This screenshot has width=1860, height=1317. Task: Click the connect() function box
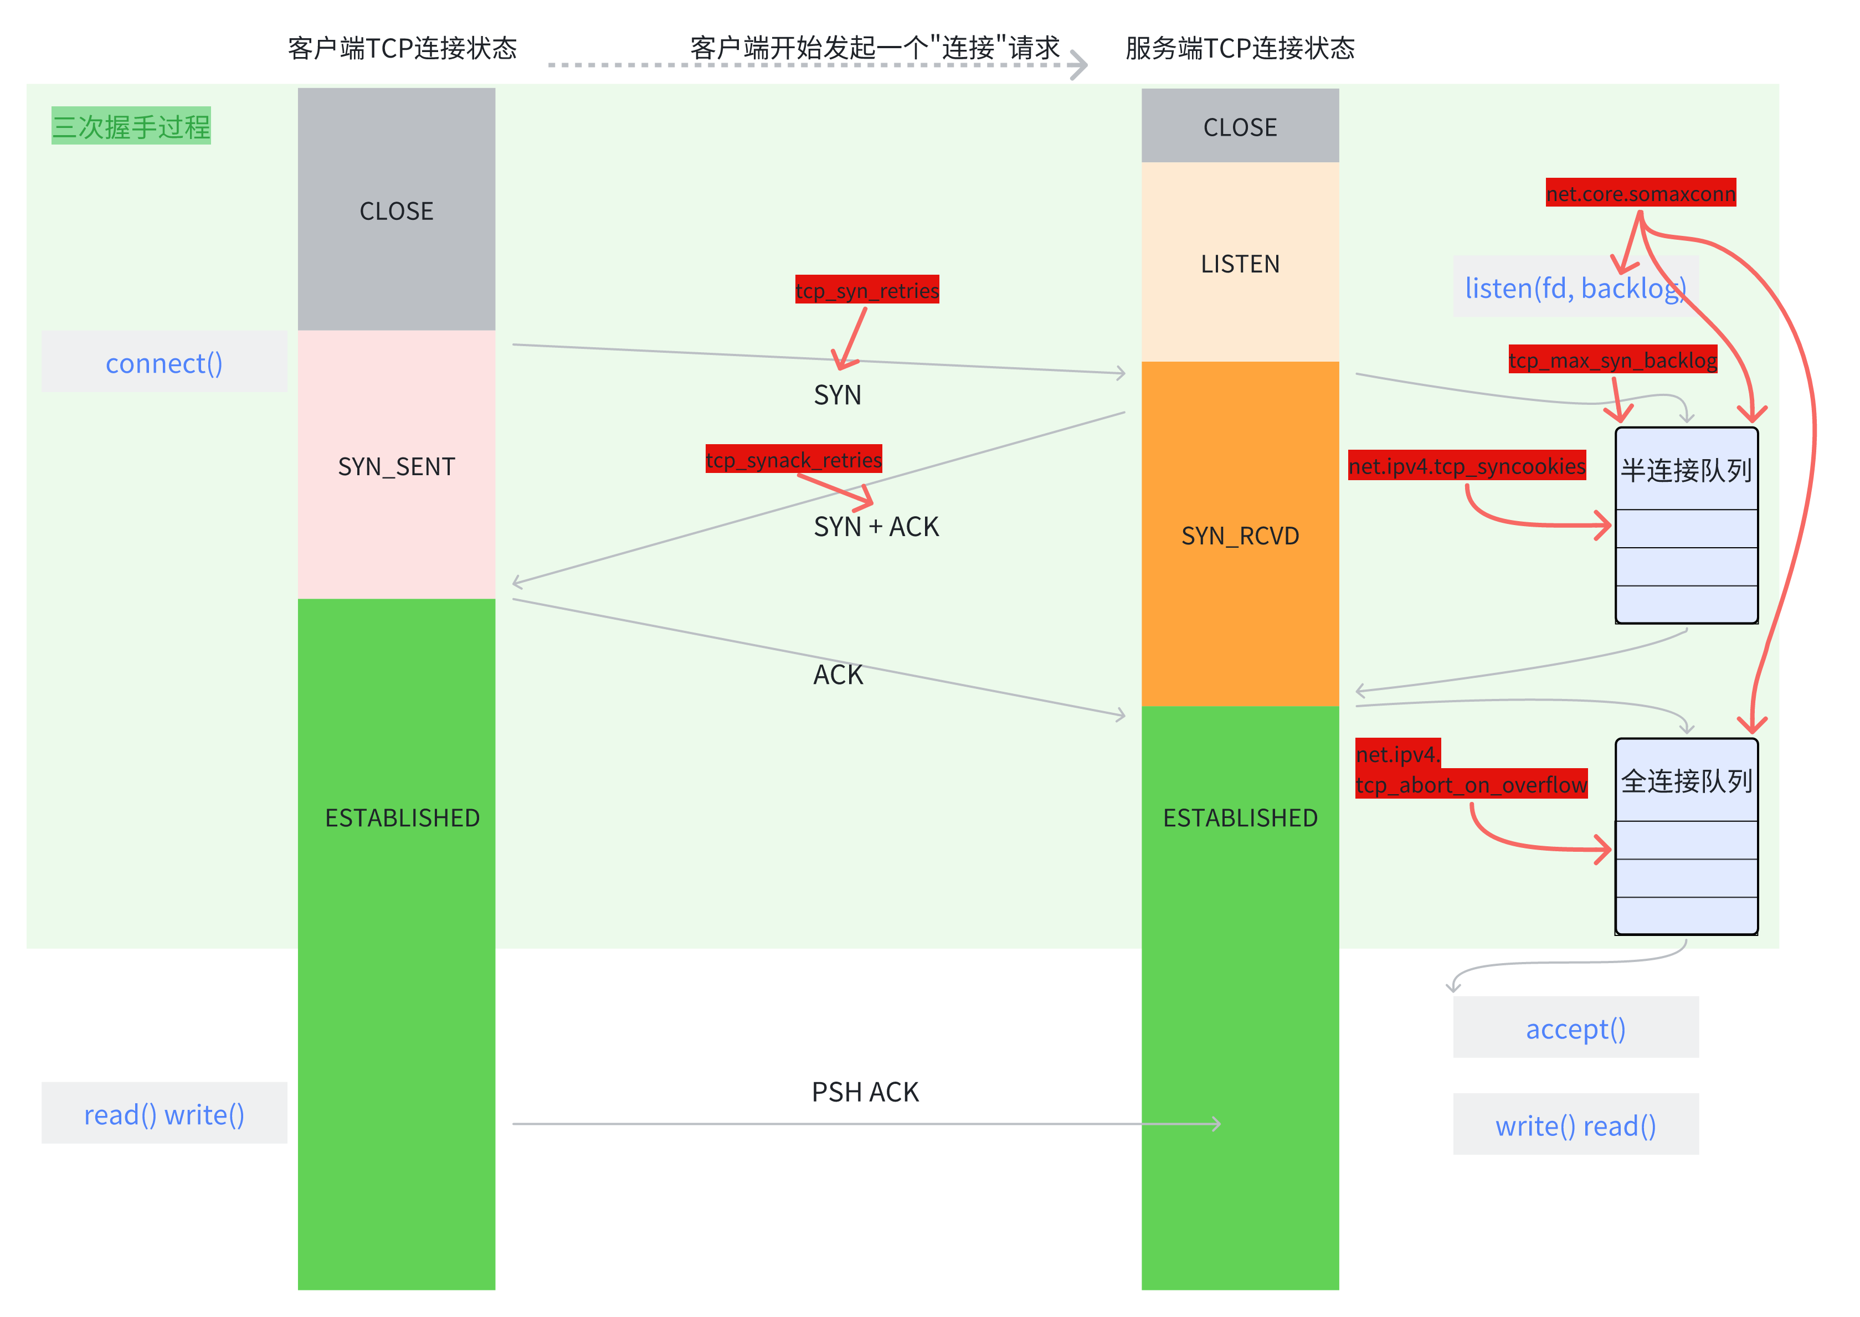164,363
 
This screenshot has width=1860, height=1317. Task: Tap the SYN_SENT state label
396,466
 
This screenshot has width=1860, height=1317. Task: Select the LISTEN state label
1240,264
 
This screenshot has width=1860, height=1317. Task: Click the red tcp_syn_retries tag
866,290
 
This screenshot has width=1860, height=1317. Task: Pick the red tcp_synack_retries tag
793,460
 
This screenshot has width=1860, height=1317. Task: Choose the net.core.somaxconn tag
1640,193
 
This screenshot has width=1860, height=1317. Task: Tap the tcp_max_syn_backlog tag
1612,359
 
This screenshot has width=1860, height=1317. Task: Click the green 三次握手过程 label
131,126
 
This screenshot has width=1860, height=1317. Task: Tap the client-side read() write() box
164,1114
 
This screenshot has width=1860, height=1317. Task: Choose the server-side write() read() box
1575,1125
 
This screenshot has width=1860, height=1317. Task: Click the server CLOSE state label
1240,127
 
